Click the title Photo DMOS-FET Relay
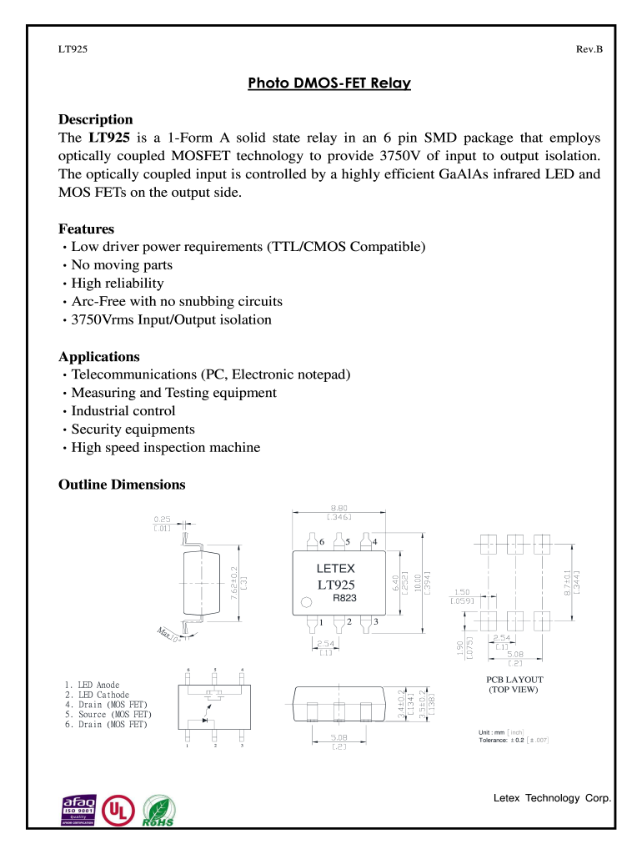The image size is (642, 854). tap(329, 84)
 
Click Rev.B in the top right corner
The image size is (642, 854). tap(589, 50)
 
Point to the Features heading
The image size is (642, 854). tap(86, 229)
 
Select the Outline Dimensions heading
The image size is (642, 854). tap(122, 485)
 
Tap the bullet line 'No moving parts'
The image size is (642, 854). tap(122, 265)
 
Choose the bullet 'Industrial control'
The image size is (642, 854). tap(123, 411)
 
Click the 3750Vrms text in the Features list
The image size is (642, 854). tap(103, 320)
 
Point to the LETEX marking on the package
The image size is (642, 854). tap(335, 568)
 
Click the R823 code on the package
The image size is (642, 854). tap(344, 598)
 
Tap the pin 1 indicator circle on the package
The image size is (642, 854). tap(306, 602)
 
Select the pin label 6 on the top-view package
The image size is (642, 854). tap(321, 542)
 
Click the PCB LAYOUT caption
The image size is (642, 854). tap(514, 680)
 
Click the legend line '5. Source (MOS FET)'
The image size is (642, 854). tap(108, 715)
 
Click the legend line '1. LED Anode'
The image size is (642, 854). tap(92, 685)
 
